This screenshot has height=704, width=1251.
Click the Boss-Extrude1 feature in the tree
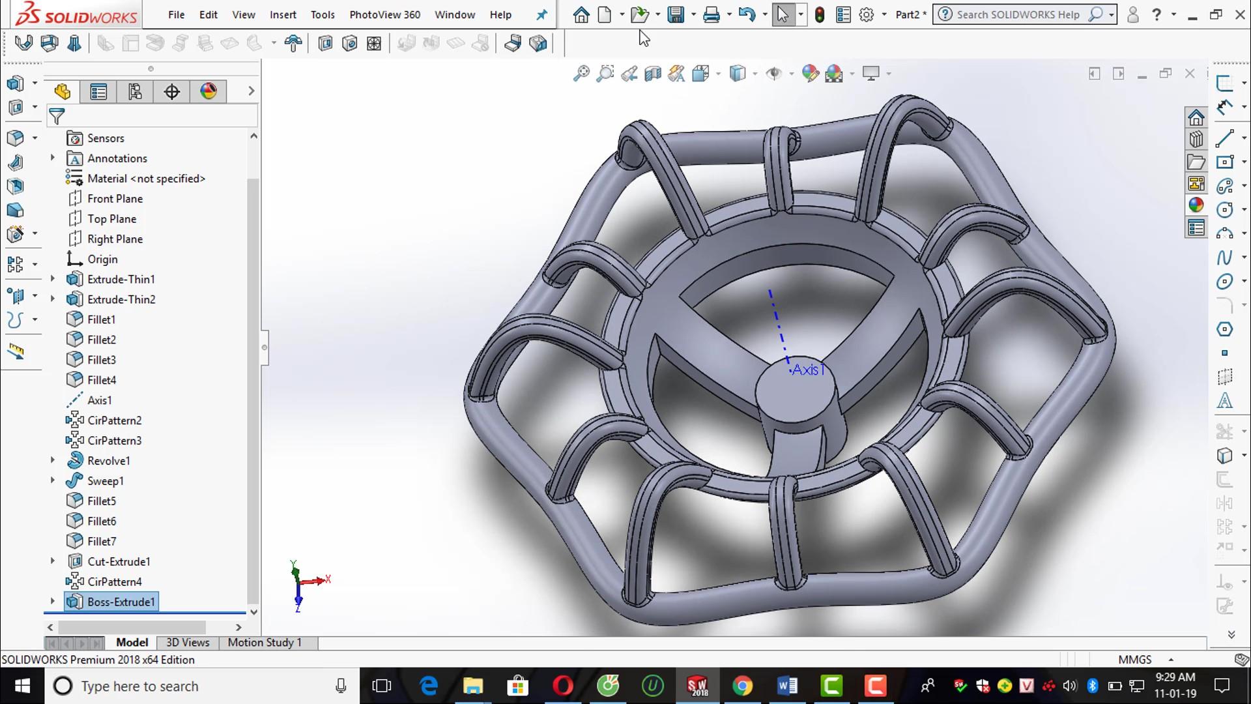click(121, 602)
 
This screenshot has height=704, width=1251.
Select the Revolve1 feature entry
click(108, 461)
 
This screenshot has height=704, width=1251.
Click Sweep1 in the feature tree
click(105, 481)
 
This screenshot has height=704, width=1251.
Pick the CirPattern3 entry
click(114, 441)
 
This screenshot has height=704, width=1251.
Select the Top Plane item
click(111, 219)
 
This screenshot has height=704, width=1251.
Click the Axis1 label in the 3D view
click(808, 370)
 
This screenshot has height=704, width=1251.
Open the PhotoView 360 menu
click(384, 14)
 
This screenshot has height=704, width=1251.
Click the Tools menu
click(322, 14)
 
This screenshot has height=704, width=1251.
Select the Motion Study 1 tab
click(265, 643)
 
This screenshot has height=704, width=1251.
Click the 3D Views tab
click(188, 643)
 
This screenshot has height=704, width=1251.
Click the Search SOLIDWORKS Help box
click(1018, 14)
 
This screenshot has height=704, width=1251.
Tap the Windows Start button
click(22, 686)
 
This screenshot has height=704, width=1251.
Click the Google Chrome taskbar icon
click(742, 686)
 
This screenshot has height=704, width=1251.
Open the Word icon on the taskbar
click(787, 686)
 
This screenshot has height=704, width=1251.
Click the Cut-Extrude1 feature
click(119, 561)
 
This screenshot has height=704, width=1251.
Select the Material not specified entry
click(146, 179)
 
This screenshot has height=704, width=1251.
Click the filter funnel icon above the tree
click(57, 117)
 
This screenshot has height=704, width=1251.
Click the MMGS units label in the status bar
click(1134, 660)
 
